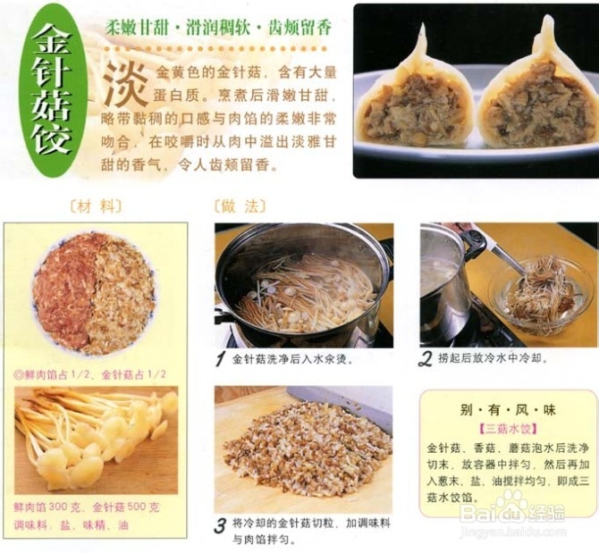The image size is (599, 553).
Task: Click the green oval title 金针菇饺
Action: coord(54,89)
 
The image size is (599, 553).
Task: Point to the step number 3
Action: coord(220,525)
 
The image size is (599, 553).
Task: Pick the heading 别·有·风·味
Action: coord(508,409)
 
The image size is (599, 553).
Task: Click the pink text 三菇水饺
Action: coord(507,429)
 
